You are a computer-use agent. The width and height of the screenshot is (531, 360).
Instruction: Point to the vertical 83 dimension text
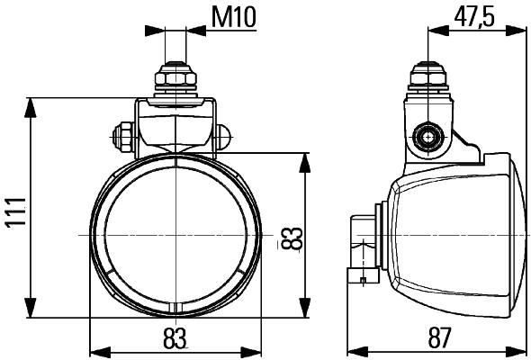coord(291,238)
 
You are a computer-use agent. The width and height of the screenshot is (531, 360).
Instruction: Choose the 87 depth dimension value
coord(438,338)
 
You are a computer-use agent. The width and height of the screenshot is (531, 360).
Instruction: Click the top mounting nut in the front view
coord(176,79)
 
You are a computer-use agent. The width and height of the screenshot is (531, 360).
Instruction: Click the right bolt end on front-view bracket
coord(224,139)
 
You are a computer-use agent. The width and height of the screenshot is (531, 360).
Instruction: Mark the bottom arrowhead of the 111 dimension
coord(32,303)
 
